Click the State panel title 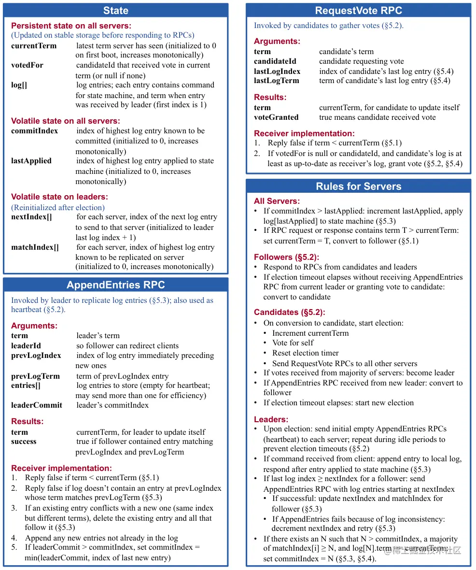coord(116,11)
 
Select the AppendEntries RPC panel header coord(116,285)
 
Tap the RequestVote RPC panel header coord(358,11)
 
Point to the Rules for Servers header coord(358,186)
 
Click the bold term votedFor coord(27,65)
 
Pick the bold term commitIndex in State coord(34,131)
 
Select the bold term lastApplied coord(31,161)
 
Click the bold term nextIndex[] coord(31,217)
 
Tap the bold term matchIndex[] coord(35,247)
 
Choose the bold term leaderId coord(26,346)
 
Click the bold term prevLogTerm coord(35,376)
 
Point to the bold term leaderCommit coord(37,405)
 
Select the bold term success coord(24,442)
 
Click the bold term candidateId coord(275,61)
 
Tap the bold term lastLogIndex coord(277,71)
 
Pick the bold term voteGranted coord(276,117)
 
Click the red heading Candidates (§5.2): coord(290,312)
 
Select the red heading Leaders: coord(271,419)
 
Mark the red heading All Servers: coord(277,201)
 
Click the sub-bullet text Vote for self coord(293,343)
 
